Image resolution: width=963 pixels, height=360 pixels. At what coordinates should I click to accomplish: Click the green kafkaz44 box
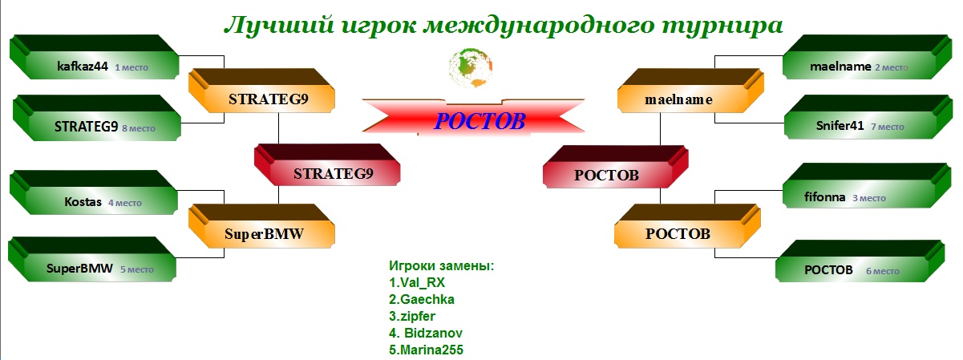pos(94,57)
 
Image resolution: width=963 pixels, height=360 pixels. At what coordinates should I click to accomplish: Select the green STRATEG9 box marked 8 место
pos(97,118)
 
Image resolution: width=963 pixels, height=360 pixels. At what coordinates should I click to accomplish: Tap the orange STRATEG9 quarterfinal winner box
pos(261,91)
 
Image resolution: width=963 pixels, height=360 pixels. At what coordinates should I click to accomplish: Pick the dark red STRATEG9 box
pos(327,165)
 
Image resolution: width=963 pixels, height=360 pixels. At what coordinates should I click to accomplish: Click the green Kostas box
pos(93,192)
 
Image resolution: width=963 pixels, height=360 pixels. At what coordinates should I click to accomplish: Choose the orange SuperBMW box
pos(261,226)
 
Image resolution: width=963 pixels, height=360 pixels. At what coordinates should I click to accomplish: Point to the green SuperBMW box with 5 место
pos(92,259)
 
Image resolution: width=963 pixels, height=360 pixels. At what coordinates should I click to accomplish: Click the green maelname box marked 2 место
pos(867,57)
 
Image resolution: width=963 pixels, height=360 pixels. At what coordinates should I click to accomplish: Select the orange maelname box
pos(690,91)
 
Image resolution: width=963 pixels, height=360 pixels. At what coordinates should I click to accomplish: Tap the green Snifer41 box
pos(868,117)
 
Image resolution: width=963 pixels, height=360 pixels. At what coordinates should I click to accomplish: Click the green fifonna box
pos(867,186)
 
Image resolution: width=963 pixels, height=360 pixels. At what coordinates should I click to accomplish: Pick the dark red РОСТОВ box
pos(616,167)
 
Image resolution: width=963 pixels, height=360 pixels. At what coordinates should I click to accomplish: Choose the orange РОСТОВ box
pos(687,226)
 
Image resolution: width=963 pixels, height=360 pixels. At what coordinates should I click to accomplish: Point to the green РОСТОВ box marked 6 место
pos(860,261)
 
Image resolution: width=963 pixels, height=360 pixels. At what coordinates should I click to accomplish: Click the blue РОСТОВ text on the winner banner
pos(479,121)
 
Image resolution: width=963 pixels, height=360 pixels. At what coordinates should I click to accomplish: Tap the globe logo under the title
pos(471,67)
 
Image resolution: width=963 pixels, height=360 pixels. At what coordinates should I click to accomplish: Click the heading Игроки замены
pos(442,266)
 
